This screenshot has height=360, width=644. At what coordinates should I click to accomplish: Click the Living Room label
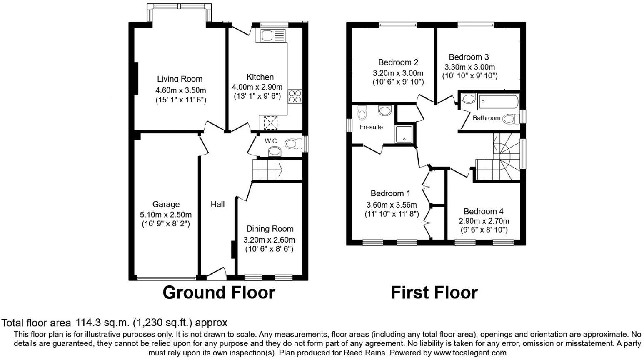[180, 79]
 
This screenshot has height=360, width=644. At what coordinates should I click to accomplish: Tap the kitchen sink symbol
[272, 35]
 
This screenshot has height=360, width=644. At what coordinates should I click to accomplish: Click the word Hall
[217, 204]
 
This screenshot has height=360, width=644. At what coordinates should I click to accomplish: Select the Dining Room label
[270, 229]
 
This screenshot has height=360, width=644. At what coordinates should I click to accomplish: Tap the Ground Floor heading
[219, 292]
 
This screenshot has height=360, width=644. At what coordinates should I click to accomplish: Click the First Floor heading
[434, 292]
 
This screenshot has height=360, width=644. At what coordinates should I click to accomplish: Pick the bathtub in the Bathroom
[498, 101]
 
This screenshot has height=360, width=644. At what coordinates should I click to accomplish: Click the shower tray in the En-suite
[405, 133]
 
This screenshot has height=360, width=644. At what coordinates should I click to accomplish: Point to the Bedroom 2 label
[398, 62]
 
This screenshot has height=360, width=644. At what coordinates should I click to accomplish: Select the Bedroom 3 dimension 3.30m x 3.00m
[469, 67]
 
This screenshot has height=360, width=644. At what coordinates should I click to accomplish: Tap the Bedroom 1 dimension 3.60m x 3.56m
[392, 205]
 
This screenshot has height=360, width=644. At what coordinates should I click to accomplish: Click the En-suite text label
[371, 127]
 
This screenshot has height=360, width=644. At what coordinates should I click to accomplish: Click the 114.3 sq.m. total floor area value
[102, 322]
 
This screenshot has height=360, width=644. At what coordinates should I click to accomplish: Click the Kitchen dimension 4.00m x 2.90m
[257, 87]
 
